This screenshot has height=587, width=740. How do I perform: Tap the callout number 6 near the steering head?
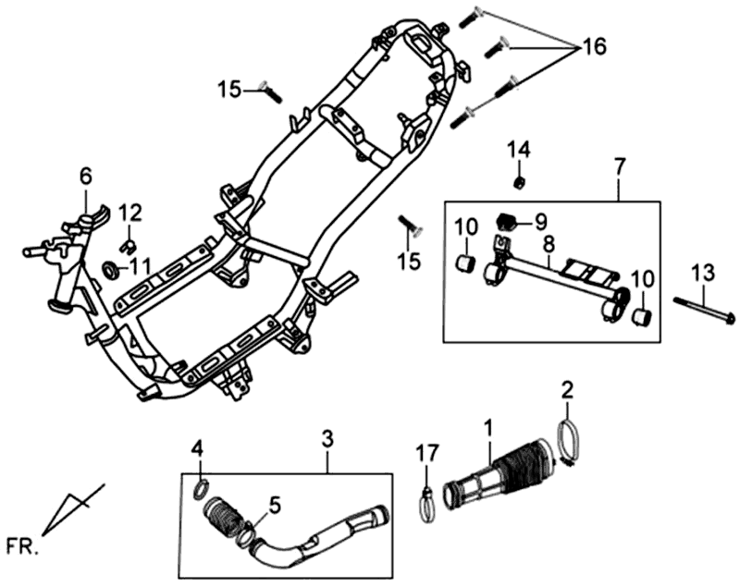(x=85, y=175)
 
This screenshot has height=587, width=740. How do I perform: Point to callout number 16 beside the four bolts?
(x=594, y=46)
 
